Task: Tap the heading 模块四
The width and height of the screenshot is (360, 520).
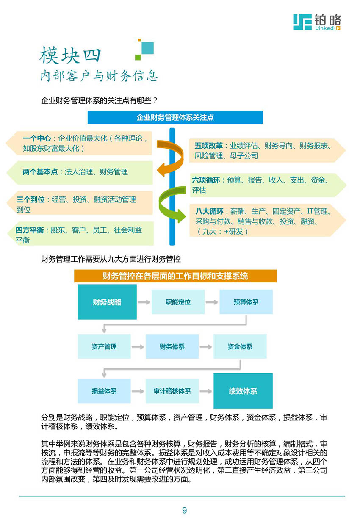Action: (70, 55)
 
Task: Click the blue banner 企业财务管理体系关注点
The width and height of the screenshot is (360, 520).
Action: (175, 117)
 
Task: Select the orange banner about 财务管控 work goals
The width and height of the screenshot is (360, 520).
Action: (175, 276)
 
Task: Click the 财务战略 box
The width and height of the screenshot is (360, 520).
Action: (107, 302)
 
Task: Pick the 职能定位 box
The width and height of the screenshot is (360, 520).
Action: (178, 302)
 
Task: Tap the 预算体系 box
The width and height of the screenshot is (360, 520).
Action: (246, 302)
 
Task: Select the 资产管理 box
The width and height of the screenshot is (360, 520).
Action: (104, 346)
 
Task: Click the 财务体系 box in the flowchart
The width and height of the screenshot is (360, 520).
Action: (172, 346)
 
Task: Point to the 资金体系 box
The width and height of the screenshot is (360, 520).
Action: (240, 346)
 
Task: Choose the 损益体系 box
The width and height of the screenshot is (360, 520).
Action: (104, 391)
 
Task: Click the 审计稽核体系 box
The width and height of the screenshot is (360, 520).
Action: (172, 391)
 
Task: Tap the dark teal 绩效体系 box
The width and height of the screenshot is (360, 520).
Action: (243, 391)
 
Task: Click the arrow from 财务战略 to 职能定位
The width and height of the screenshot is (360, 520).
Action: (144, 302)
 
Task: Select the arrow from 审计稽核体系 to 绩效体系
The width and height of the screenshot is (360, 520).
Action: (206, 391)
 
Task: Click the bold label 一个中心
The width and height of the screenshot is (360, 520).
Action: (37, 138)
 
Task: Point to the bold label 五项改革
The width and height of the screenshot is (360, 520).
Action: (208, 146)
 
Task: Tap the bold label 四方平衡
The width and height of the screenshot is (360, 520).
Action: (30, 230)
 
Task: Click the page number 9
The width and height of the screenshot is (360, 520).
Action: (184, 510)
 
